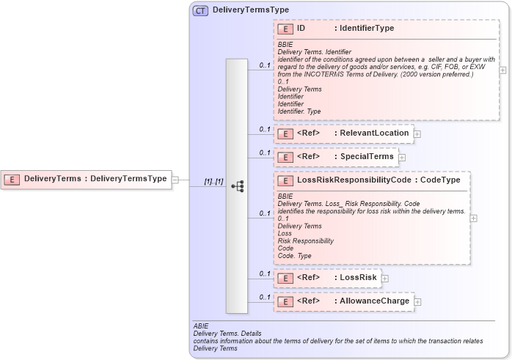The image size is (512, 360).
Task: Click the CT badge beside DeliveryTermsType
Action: pos(200,10)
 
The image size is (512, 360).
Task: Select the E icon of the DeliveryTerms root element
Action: pos(12,179)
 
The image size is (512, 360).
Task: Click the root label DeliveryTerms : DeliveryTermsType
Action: pos(95,179)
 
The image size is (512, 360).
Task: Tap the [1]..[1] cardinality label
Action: pos(213,181)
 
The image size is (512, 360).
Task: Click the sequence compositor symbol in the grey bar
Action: pos(237,186)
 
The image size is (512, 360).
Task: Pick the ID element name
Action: pos(301,29)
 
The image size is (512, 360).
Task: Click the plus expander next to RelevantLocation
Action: pos(417,134)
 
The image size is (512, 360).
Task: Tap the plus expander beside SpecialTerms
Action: pos(401,157)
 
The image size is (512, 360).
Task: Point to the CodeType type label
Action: pos(440,180)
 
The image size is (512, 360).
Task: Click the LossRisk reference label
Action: pos(358,277)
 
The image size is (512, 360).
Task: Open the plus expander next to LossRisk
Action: pos(384,278)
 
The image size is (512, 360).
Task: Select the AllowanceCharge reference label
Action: pos(374,301)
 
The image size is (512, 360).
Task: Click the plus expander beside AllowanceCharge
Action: pos(417,301)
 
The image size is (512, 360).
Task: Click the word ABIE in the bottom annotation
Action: pos(201,325)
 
